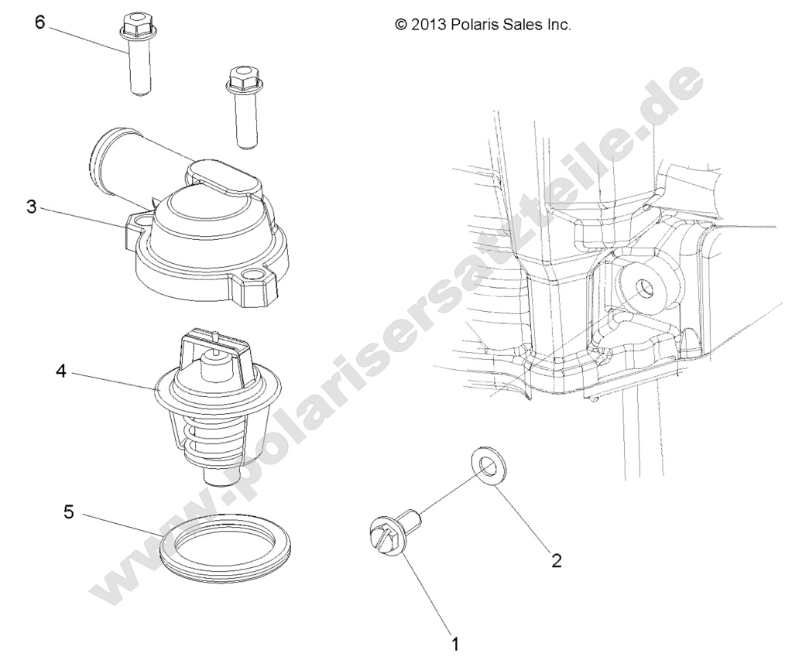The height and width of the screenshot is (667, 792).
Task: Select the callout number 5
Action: pyautogui.click(x=69, y=513)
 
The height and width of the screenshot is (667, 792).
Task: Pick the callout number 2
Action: pyautogui.click(x=555, y=560)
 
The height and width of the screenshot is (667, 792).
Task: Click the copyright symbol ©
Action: pyautogui.click(x=401, y=25)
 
